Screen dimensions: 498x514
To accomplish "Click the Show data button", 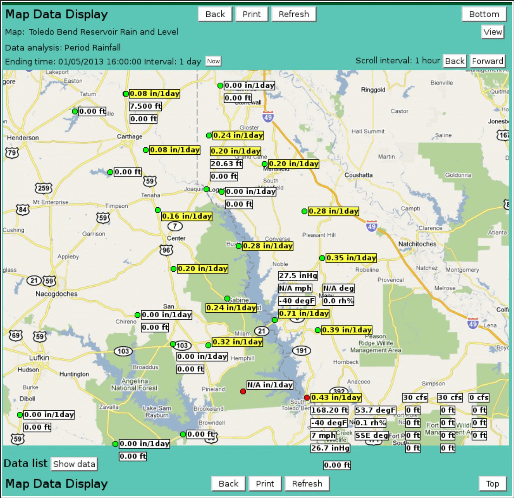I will (x=74, y=464).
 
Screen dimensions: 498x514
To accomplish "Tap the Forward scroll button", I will (x=487, y=61).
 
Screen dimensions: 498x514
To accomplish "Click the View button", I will (x=492, y=32).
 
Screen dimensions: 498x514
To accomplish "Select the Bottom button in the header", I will (x=484, y=14).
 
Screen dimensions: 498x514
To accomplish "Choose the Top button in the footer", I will (x=492, y=484).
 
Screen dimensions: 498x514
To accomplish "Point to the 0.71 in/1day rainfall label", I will (x=304, y=313).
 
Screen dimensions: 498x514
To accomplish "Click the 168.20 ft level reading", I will (x=329, y=410).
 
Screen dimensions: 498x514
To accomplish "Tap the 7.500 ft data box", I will (x=145, y=106).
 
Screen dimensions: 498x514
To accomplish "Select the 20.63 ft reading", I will (x=226, y=163).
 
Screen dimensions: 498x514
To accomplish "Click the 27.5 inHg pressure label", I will (x=298, y=275).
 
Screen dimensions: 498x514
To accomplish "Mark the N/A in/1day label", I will (x=270, y=385).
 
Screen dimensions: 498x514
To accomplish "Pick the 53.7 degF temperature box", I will (x=375, y=410).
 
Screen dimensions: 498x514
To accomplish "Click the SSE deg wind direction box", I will (x=371, y=435).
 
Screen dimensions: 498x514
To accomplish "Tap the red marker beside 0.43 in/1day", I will (x=307, y=398).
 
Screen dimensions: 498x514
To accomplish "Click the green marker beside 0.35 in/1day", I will (x=322, y=258).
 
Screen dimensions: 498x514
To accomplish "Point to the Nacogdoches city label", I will (x=56, y=294).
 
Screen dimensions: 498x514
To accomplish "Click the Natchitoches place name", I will (x=417, y=244).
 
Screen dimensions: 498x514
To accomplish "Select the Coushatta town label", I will (x=359, y=175).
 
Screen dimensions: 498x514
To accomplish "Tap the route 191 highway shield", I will (x=301, y=351).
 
